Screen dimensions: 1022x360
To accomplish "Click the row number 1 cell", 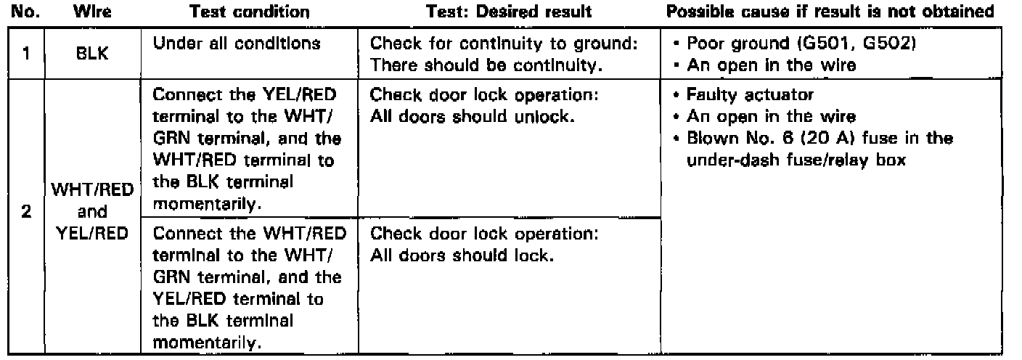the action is [x=24, y=53].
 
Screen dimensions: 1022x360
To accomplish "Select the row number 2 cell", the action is [x=24, y=216].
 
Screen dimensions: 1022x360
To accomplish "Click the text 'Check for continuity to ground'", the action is [x=504, y=44].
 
